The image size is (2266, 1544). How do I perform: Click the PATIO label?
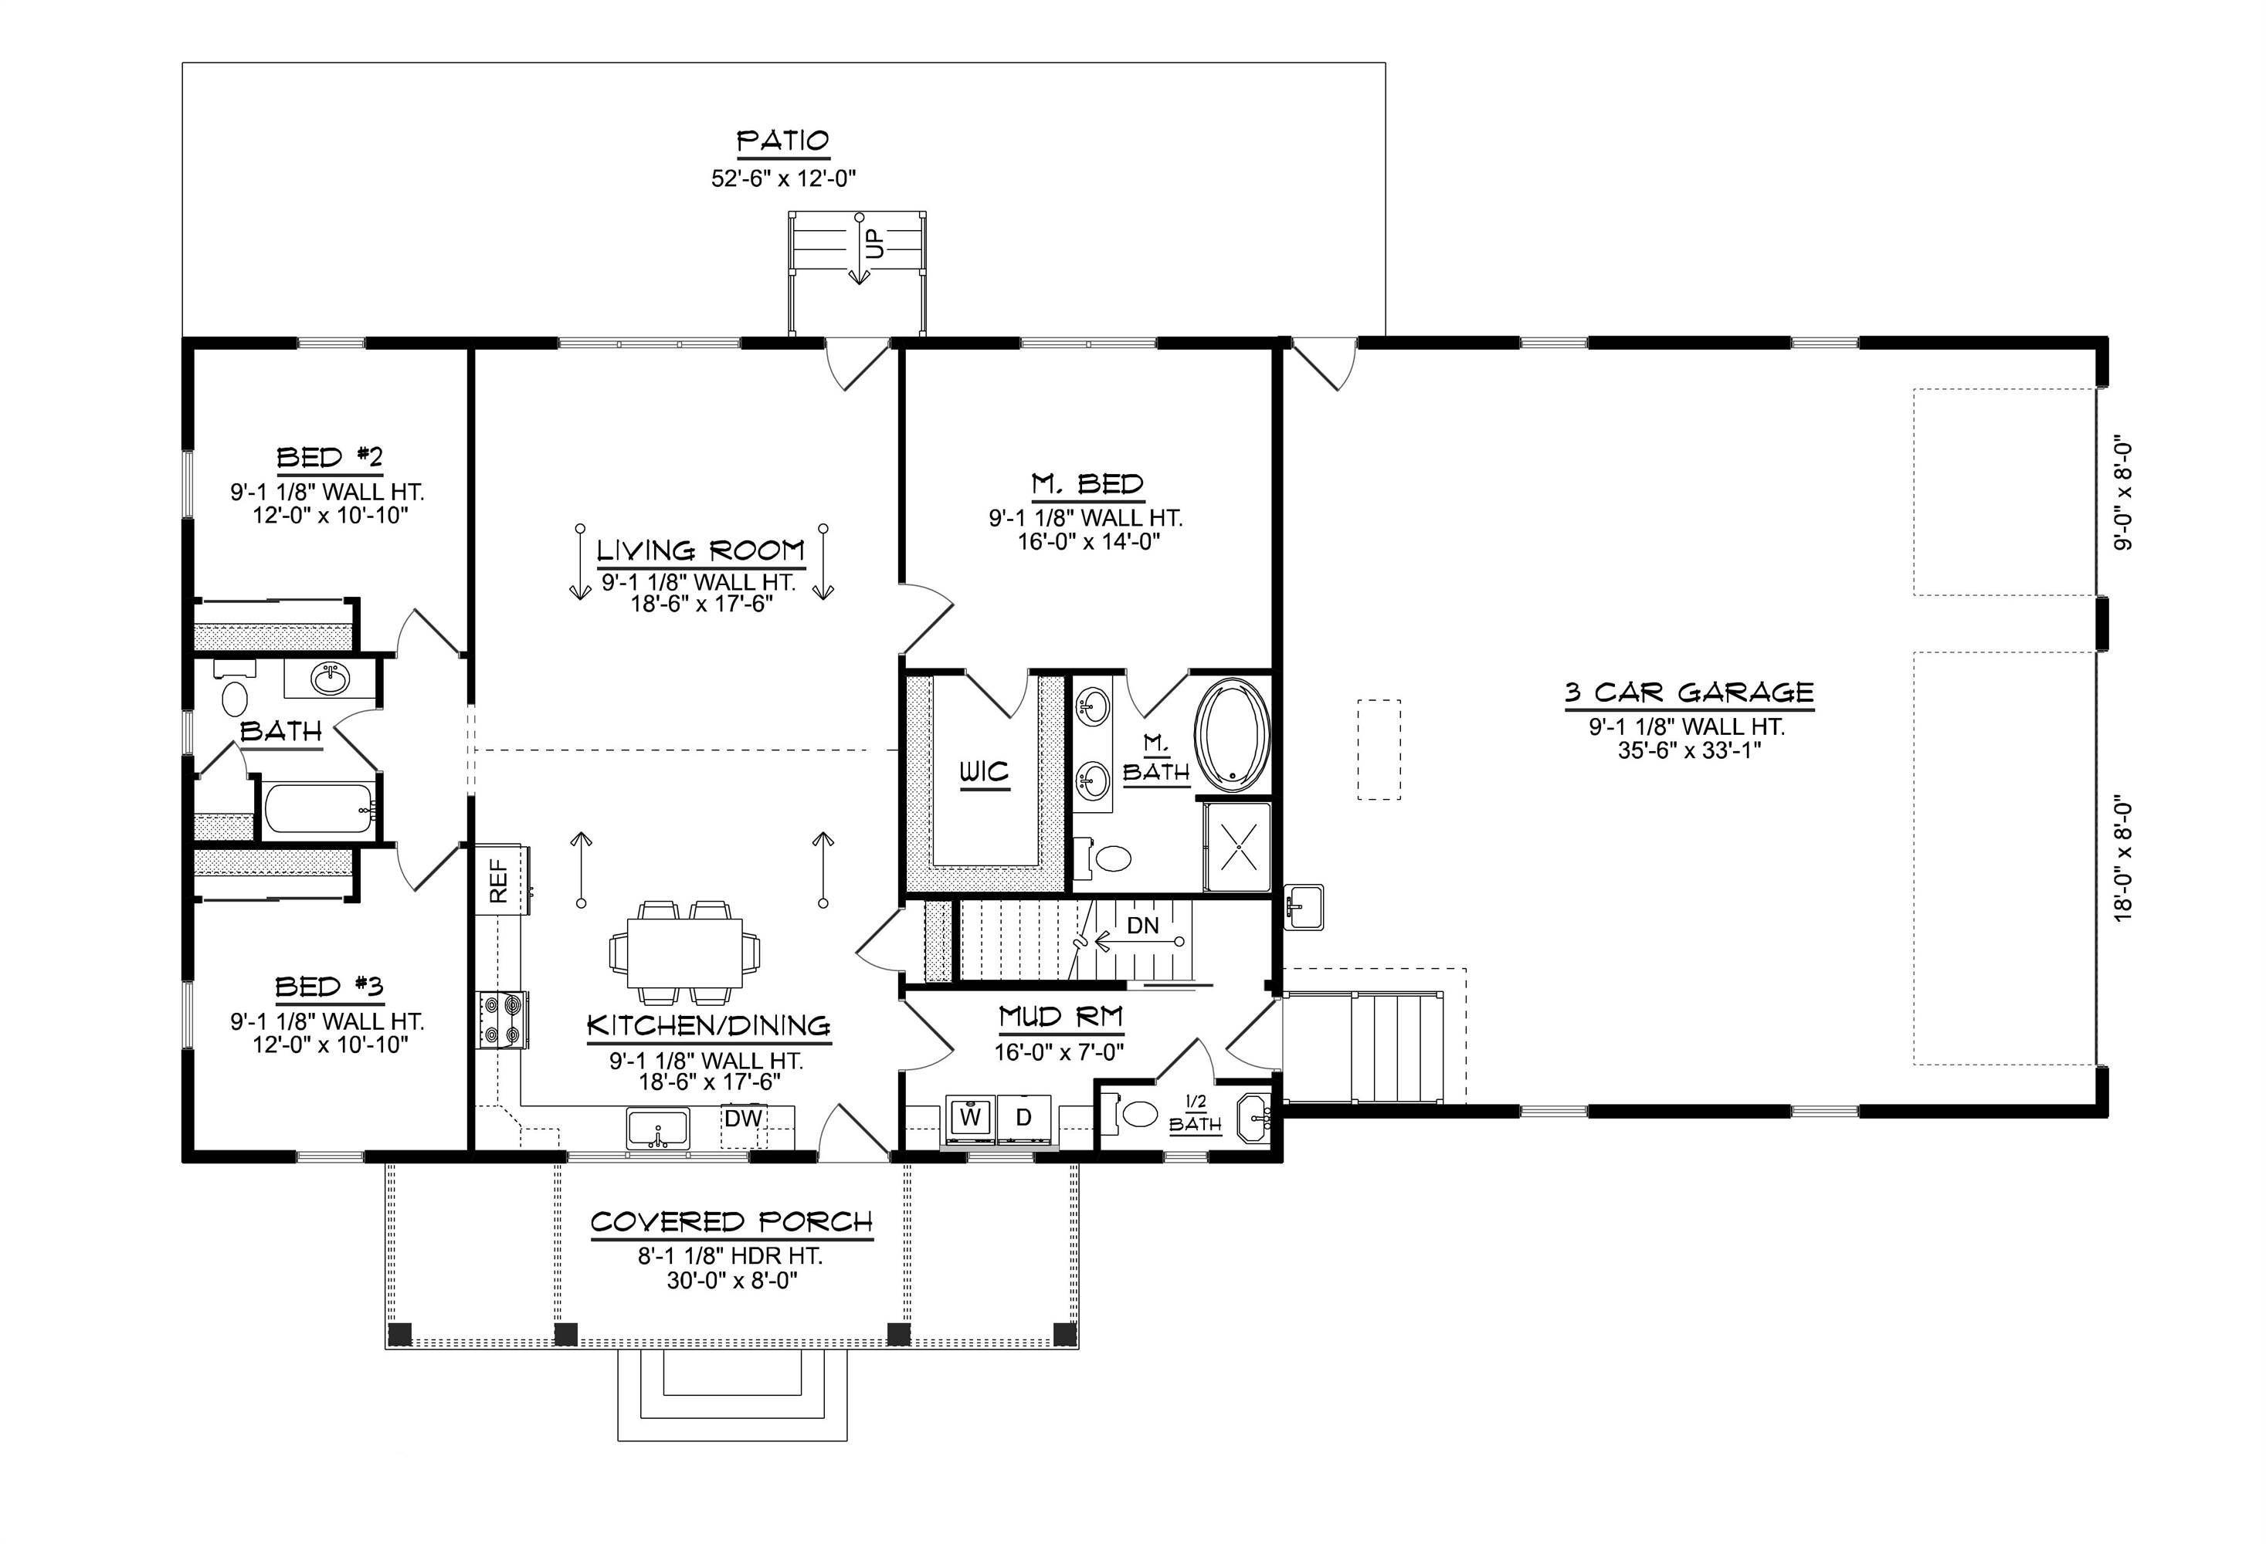(x=782, y=142)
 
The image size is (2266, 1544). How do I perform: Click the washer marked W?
(x=970, y=1117)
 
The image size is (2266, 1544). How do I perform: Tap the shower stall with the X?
(x=1237, y=847)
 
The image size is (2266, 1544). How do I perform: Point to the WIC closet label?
(x=984, y=773)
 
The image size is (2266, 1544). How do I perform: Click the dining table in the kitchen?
(x=684, y=953)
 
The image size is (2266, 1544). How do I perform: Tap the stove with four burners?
(x=502, y=1020)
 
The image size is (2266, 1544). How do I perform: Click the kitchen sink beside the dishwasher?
(x=657, y=1129)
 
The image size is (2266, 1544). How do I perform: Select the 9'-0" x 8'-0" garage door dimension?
(x=2124, y=495)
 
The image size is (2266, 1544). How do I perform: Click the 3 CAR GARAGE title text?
(x=1689, y=693)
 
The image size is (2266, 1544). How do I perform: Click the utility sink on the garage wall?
(x=1304, y=906)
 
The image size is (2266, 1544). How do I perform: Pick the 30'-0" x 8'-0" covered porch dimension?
(x=731, y=1280)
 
